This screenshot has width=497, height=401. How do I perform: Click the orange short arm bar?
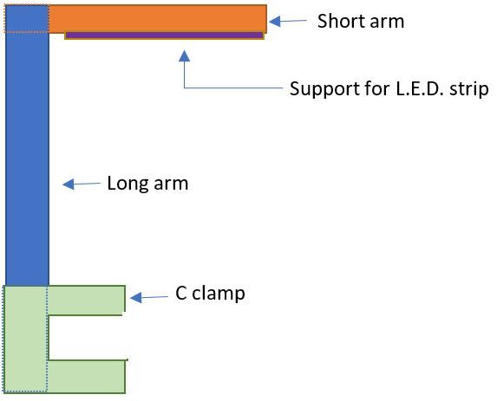[x=156, y=18]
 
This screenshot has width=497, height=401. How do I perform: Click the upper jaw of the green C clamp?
[x=87, y=300]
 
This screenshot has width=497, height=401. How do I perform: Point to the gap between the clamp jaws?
[x=87, y=338]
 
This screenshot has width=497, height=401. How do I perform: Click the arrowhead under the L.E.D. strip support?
[x=183, y=57]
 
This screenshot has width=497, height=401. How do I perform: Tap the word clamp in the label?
[x=219, y=294]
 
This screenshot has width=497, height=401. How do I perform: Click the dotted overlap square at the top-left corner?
[x=27, y=19]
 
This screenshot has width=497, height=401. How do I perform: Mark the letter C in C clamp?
[x=181, y=294]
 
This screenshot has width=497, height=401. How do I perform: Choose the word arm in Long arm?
[x=170, y=184]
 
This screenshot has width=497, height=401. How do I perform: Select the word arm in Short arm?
[x=384, y=21]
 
